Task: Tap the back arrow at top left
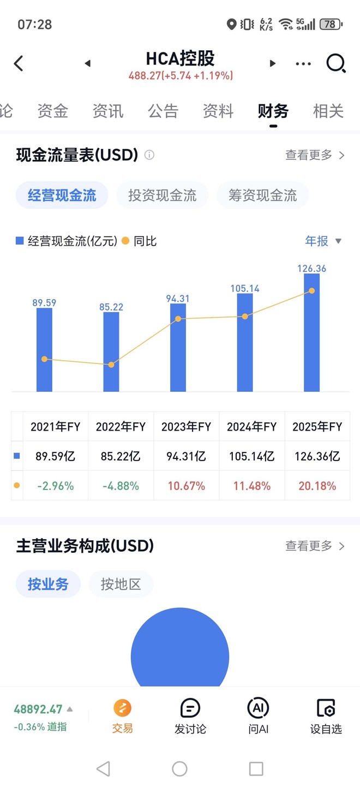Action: [19, 63]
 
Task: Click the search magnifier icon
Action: [335, 63]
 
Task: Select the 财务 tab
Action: [273, 111]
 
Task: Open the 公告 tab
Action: [163, 111]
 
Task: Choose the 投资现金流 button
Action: [162, 195]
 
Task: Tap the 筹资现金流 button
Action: [262, 195]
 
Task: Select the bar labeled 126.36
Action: [311, 333]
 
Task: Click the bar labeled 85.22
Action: [111, 352]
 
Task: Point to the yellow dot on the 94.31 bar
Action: [178, 319]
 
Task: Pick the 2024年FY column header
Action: [251, 427]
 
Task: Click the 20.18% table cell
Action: [317, 486]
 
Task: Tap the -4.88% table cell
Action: [121, 486]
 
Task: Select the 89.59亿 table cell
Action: [55, 456]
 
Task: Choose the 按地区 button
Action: [121, 584]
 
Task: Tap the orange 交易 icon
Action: [123, 708]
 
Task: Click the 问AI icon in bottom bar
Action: [258, 708]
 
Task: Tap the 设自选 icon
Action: [326, 708]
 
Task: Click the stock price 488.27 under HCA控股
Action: [145, 76]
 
